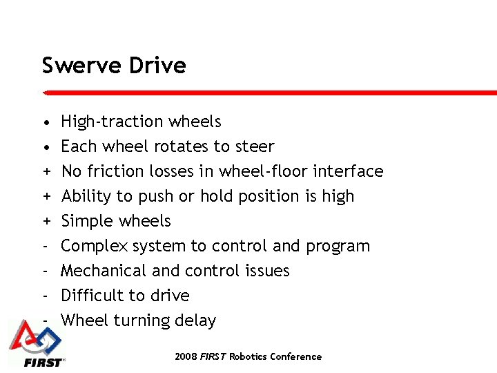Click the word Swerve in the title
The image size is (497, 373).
75,66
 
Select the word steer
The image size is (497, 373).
254,146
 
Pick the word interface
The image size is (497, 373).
349,171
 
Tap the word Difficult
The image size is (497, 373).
90,296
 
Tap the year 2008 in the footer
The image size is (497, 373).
186,357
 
